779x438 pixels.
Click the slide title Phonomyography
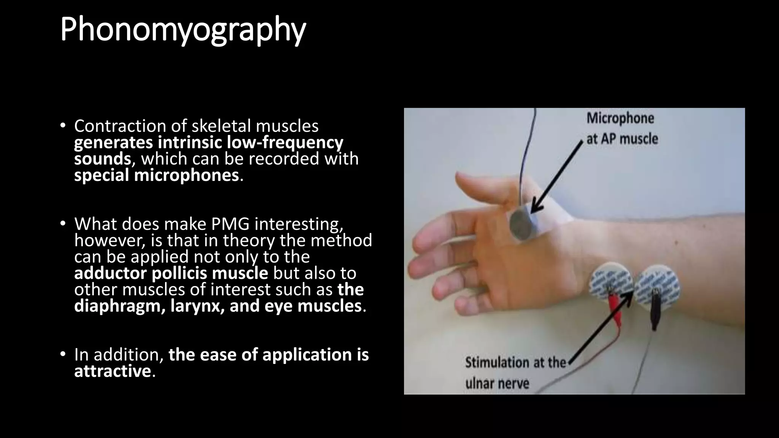(x=183, y=30)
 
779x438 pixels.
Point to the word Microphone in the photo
(x=620, y=118)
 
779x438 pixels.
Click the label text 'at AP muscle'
(x=622, y=139)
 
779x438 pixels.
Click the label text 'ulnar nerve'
(x=497, y=383)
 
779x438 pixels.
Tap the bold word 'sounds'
(x=102, y=159)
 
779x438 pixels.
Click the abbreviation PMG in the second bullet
(x=230, y=224)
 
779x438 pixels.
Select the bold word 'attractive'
(x=113, y=371)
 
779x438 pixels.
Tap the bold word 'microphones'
(x=186, y=175)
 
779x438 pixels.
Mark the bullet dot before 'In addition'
(x=63, y=354)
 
